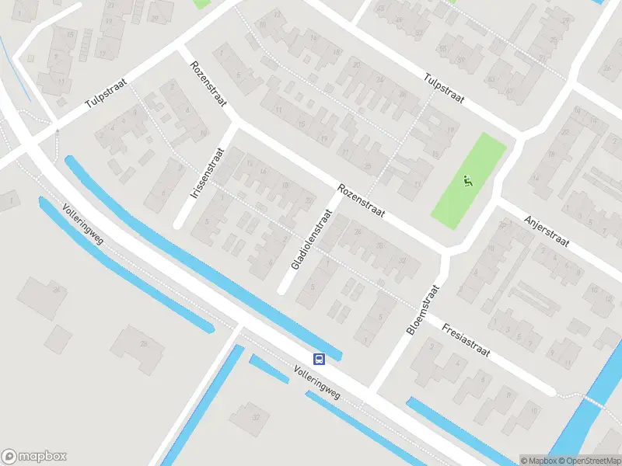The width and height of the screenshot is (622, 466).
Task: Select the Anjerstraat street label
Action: (547, 231)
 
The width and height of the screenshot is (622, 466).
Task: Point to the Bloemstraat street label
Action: (423, 310)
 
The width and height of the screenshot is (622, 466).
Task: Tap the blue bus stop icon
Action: (319, 359)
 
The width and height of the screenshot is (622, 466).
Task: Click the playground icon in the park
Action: (468, 183)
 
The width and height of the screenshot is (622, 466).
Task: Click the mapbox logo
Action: (34, 456)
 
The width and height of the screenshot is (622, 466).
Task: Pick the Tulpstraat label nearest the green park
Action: (444, 89)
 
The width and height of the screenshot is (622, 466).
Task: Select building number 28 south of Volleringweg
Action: (143, 343)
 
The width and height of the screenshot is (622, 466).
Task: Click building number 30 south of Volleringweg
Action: (255, 417)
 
